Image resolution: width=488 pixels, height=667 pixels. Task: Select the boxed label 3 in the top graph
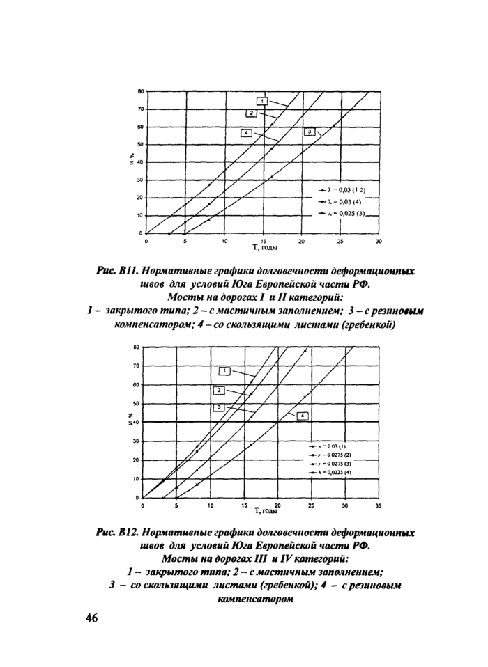(307, 132)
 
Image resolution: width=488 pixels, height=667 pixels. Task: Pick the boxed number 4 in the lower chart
(303, 416)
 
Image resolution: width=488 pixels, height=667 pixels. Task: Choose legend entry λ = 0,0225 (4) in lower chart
(333, 472)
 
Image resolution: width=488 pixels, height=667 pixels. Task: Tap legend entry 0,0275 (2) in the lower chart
(333, 454)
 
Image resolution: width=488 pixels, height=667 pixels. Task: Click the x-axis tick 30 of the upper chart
(378, 241)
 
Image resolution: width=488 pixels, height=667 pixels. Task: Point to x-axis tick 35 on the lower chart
(378, 505)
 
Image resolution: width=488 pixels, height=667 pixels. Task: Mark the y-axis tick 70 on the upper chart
(140, 109)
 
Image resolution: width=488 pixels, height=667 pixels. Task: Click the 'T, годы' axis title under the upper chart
(265, 247)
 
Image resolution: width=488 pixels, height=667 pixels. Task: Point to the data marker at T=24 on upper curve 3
(334, 126)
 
